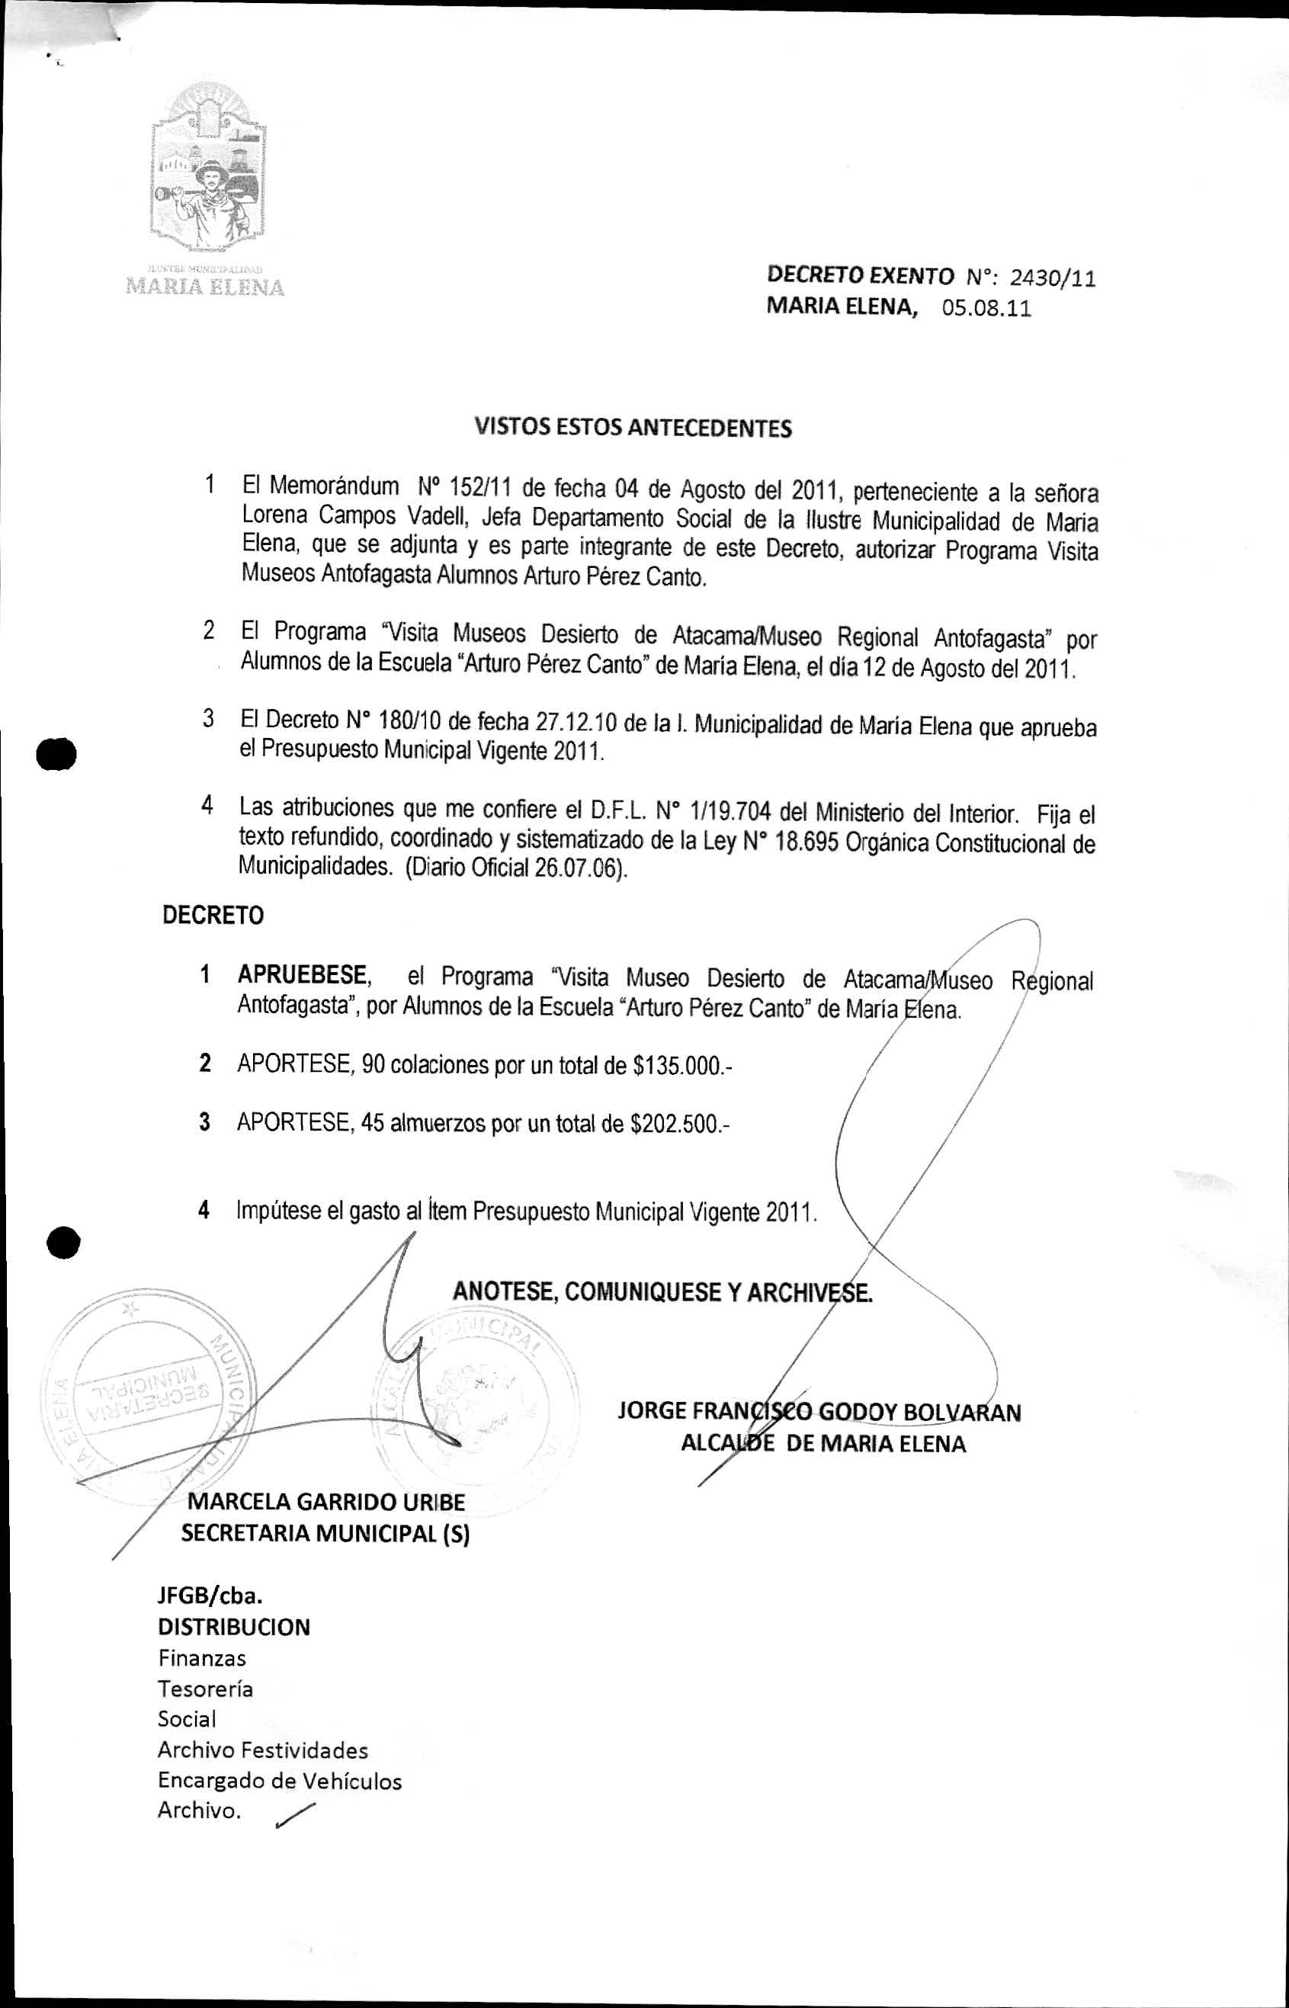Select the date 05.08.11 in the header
click(986, 308)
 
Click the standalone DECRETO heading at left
click(213, 916)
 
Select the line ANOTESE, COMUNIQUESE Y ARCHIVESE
click(662, 1291)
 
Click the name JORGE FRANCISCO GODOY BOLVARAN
click(819, 1412)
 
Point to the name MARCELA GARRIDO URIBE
click(325, 1502)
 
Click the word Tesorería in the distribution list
click(205, 1689)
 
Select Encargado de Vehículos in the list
click(280, 1780)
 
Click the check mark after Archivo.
click(296, 1812)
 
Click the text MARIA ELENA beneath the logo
click(204, 288)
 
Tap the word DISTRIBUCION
click(233, 1626)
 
